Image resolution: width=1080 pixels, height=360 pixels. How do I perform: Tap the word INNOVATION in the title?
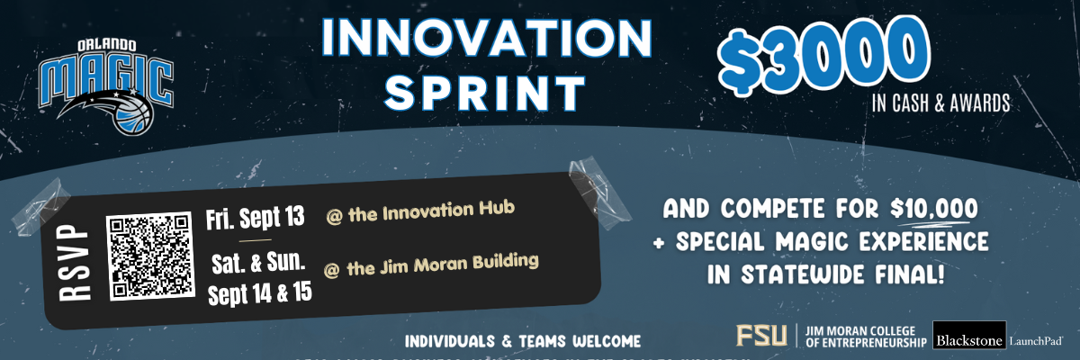pos(487,40)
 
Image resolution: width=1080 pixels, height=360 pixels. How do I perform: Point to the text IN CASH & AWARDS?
pos(940,103)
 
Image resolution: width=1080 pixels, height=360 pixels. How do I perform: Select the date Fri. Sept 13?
pos(256,219)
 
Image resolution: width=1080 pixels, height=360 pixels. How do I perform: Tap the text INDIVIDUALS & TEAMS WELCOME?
pos(523,342)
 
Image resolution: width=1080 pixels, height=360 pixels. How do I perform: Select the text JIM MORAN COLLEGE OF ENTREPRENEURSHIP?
pos(861,336)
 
